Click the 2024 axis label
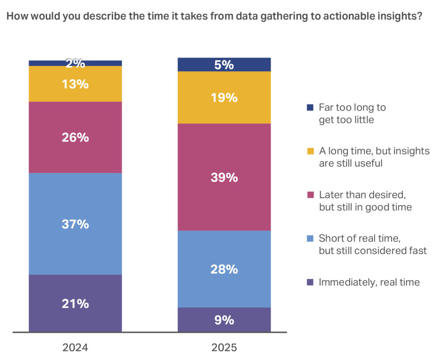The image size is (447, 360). pos(75,348)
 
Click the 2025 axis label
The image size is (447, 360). pos(224,348)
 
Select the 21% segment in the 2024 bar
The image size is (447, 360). pos(75,303)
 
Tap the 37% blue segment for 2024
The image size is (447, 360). pos(75,224)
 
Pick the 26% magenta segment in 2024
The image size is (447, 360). pos(75,137)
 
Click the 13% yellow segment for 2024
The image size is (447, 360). pos(75,84)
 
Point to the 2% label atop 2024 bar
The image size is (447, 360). pos(75,63)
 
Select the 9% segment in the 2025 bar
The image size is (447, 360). pos(224,320)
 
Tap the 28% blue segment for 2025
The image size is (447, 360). pos(224,269)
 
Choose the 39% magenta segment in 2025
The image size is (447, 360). pos(224,177)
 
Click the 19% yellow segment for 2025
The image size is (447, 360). pos(224,97)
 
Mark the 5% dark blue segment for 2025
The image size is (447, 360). pos(224,65)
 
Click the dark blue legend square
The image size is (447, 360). pos(310,107)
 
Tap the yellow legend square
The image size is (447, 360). pos(310,151)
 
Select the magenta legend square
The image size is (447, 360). pos(310,195)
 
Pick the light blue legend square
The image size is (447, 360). pos(310,238)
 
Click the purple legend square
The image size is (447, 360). pos(310,282)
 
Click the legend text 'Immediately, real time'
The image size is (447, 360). pos(369,282)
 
